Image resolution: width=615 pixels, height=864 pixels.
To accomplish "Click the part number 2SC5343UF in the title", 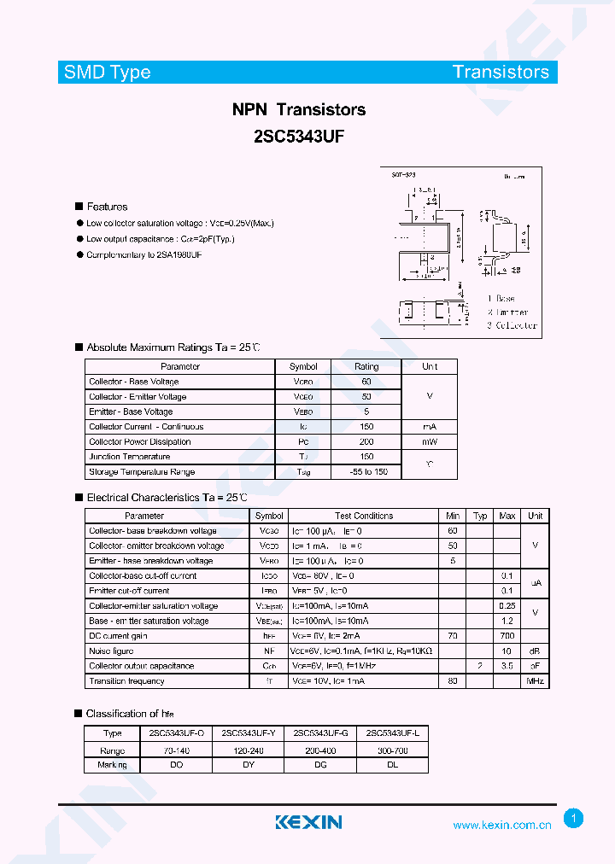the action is point(299,134).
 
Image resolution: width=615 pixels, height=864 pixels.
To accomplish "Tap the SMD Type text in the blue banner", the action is point(108,72).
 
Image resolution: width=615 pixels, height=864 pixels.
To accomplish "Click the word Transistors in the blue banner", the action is point(501,72).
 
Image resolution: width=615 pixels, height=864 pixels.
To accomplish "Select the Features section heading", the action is point(107,207).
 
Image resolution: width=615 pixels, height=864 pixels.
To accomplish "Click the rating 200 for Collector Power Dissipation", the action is point(366,441).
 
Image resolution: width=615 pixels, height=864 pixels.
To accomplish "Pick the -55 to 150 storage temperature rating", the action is point(367,472).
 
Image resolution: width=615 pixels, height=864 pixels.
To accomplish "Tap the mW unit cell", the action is point(430,441).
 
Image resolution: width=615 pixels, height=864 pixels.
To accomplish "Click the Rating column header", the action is point(366,366).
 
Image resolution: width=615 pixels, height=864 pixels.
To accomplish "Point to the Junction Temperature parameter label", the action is point(129,457).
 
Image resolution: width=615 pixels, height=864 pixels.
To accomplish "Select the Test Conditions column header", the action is point(364,516).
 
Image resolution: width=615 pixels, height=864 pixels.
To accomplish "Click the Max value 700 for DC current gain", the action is point(507,636).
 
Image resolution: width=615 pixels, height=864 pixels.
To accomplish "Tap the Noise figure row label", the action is point(111,651).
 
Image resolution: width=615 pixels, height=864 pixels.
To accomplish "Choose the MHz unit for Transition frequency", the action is point(535,681).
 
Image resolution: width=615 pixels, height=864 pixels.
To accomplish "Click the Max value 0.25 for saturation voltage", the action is point(507,606).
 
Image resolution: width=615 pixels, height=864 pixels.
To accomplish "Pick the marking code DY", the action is point(248,765).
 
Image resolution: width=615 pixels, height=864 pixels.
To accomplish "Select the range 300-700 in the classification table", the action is point(392,750).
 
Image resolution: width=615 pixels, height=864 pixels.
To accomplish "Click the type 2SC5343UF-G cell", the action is point(320,733).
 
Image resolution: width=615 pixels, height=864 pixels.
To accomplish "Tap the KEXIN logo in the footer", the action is point(308,822).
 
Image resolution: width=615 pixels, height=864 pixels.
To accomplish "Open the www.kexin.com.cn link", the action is point(501,825).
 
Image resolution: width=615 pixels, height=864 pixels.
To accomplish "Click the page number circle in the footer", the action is point(574,819).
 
